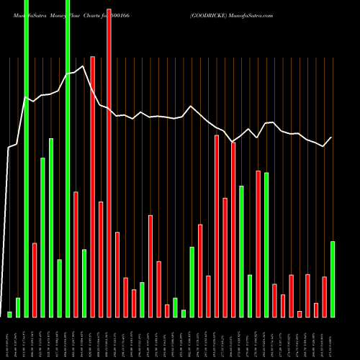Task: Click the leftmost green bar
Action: (x=10, y=314)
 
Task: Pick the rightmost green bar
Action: (x=332, y=279)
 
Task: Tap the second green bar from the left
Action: (x=18, y=307)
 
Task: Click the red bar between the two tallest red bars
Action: (x=101, y=259)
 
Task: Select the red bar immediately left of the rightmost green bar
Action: (x=324, y=297)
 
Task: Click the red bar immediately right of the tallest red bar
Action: (x=117, y=274)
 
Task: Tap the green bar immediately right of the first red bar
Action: (x=42, y=237)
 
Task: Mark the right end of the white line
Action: (x=332, y=137)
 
